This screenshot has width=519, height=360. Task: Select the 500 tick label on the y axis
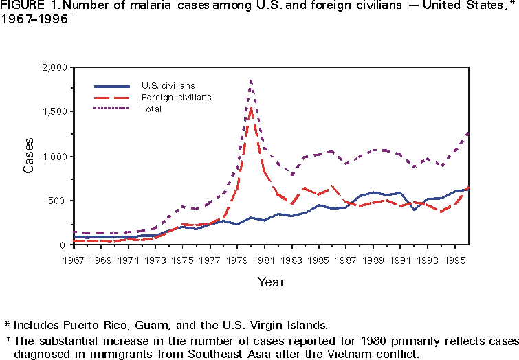click(x=58, y=201)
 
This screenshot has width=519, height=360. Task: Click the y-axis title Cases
click(x=29, y=156)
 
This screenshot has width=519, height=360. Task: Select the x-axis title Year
click(x=270, y=282)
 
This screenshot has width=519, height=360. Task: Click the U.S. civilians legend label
click(x=168, y=86)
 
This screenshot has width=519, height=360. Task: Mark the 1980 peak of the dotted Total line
click(x=251, y=80)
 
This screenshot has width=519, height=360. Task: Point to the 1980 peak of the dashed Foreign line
click(x=252, y=107)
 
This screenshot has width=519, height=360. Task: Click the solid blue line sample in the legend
click(x=112, y=86)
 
